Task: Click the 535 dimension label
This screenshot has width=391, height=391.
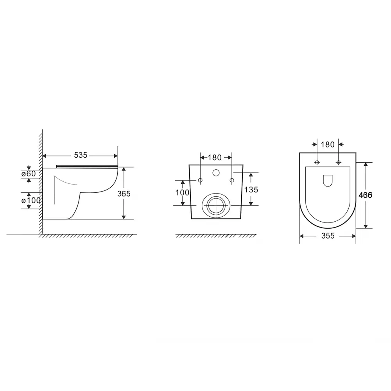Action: [81, 155]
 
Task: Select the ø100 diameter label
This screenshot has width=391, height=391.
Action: [31, 200]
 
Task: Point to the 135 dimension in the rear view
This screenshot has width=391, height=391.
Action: [251, 190]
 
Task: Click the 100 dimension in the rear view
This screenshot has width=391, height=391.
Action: [182, 192]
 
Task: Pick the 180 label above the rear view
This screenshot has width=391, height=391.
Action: [215, 158]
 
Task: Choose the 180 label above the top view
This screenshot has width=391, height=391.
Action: [327, 144]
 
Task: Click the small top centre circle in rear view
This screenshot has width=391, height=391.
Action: [215, 172]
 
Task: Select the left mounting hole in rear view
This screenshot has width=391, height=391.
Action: [200, 180]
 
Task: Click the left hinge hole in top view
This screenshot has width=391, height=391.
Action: [317, 162]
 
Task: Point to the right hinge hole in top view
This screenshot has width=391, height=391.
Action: [338, 162]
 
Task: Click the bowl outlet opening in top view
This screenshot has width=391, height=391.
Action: [328, 180]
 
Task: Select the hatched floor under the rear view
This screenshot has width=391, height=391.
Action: [216, 236]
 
